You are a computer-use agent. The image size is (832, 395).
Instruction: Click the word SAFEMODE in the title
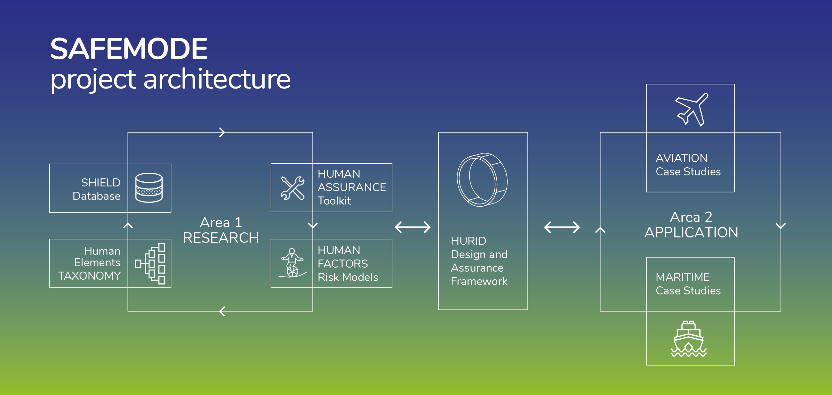(x=129, y=49)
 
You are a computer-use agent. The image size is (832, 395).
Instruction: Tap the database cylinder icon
(x=149, y=188)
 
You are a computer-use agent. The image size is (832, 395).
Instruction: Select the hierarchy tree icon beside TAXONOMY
(x=150, y=264)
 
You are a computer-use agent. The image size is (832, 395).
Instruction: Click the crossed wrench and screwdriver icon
(x=293, y=188)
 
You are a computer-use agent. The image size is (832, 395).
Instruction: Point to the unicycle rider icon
(x=292, y=263)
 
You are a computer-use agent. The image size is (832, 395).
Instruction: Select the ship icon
(x=688, y=339)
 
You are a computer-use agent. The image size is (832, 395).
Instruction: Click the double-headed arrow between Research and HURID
(x=413, y=227)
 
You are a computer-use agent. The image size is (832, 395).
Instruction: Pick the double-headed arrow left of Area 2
(x=562, y=227)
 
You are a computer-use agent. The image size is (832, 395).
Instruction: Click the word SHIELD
(x=101, y=182)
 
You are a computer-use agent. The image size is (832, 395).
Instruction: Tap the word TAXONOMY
(x=89, y=276)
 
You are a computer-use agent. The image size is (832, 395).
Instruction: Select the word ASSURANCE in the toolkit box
(x=352, y=187)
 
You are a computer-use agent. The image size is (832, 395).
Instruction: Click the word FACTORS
(x=343, y=264)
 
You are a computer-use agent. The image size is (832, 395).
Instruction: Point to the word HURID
(x=468, y=241)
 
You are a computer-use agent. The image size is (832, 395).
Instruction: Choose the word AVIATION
(x=681, y=158)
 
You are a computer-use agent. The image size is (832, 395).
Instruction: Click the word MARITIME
(x=683, y=277)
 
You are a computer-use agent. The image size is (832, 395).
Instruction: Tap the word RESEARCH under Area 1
(x=221, y=238)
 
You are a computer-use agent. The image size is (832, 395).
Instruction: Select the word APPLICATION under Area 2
(x=691, y=232)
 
